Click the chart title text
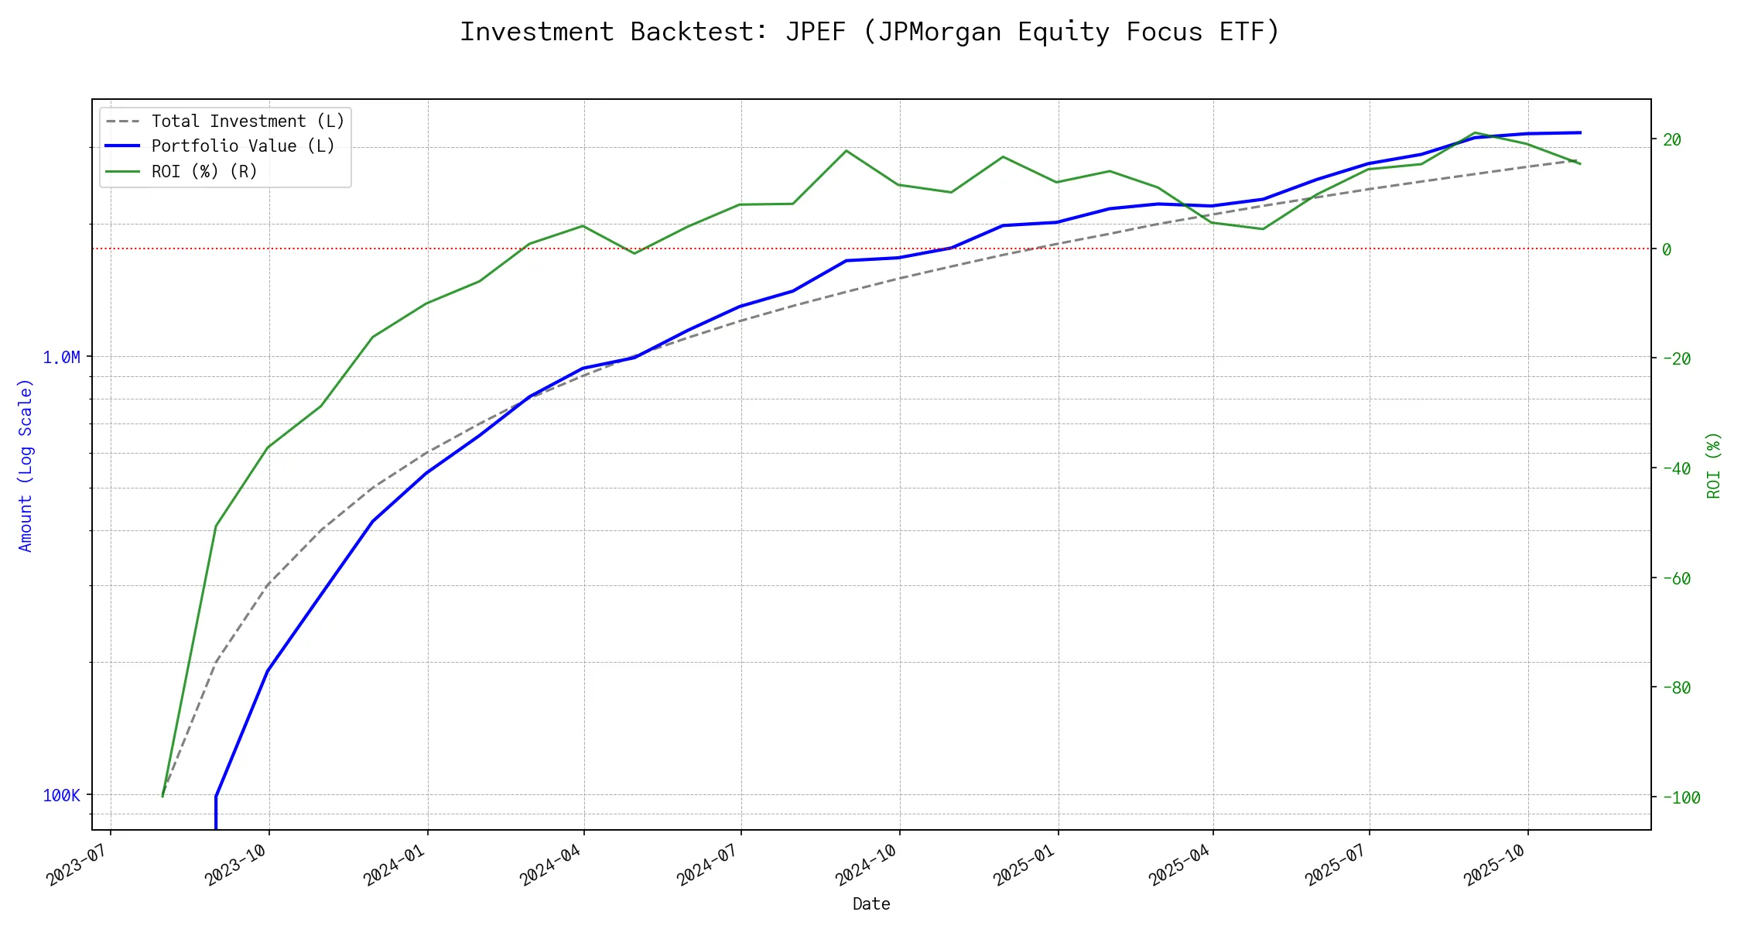[870, 32]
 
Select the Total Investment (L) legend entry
[248, 122]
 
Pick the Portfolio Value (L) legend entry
[243, 146]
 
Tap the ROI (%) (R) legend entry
[204, 171]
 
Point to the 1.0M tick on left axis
[61, 357]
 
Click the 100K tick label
[61, 795]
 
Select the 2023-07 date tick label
[77, 864]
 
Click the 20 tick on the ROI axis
[1672, 139]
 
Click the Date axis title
[871, 903]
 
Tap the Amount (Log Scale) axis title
[26, 464]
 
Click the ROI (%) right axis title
[1713, 464]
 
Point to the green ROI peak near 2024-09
[847, 150]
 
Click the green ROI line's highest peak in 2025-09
[1476, 132]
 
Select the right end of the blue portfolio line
[1580, 132]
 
